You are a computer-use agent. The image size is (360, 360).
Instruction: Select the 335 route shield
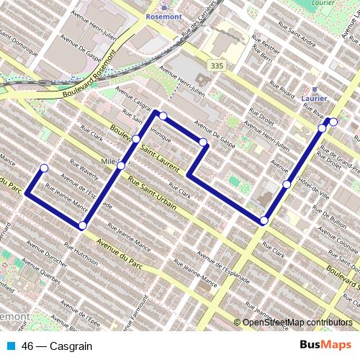215,66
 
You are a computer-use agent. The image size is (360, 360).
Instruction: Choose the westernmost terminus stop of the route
44,168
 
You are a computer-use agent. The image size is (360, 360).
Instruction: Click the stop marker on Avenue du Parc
83,226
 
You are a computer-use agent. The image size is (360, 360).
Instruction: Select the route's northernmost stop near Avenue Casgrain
163,116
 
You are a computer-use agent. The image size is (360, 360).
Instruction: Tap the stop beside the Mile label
120,166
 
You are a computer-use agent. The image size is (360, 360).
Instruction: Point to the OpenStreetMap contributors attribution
297,323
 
